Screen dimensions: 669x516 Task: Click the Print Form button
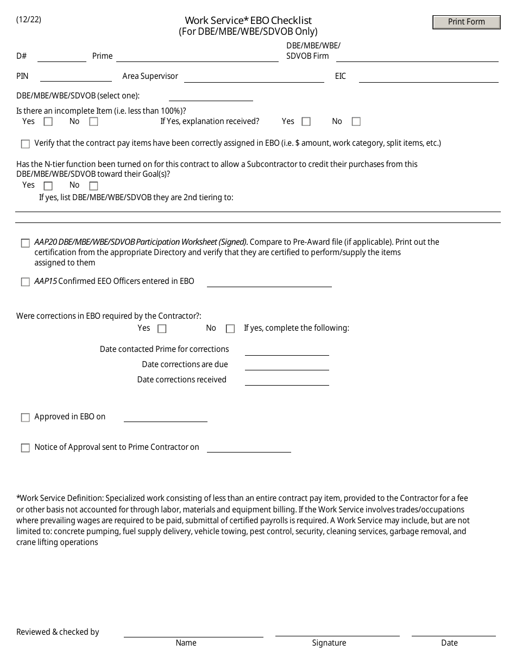coord(466,22)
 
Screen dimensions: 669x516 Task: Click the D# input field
coord(61,57)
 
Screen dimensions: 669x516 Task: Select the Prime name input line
coord(197,57)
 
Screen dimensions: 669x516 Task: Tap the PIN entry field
coord(75,77)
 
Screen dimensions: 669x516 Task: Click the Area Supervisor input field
coord(254,77)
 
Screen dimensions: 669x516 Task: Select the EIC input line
coord(428,77)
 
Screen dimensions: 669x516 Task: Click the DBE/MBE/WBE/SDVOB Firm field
coord(417,57)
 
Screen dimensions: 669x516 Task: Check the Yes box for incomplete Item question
coord(48,122)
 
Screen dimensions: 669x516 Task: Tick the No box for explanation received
coord(356,122)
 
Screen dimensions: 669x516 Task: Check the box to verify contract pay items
coord(26,144)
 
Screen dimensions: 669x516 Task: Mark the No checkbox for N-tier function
coord(93,186)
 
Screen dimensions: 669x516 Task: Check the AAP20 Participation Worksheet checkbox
coord(26,243)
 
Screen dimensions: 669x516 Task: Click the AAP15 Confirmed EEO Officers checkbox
coord(26,282)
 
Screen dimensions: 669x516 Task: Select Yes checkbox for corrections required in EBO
coord(162,329)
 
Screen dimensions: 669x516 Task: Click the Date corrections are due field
coord(287,365)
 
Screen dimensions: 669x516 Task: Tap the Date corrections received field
coord(287,380)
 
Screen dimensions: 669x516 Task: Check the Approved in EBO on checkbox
coord(26,418)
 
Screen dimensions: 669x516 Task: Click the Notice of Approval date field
coord(249,447)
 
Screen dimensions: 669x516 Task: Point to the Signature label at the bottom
coord(329,643)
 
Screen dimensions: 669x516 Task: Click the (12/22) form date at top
coord(28,20)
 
